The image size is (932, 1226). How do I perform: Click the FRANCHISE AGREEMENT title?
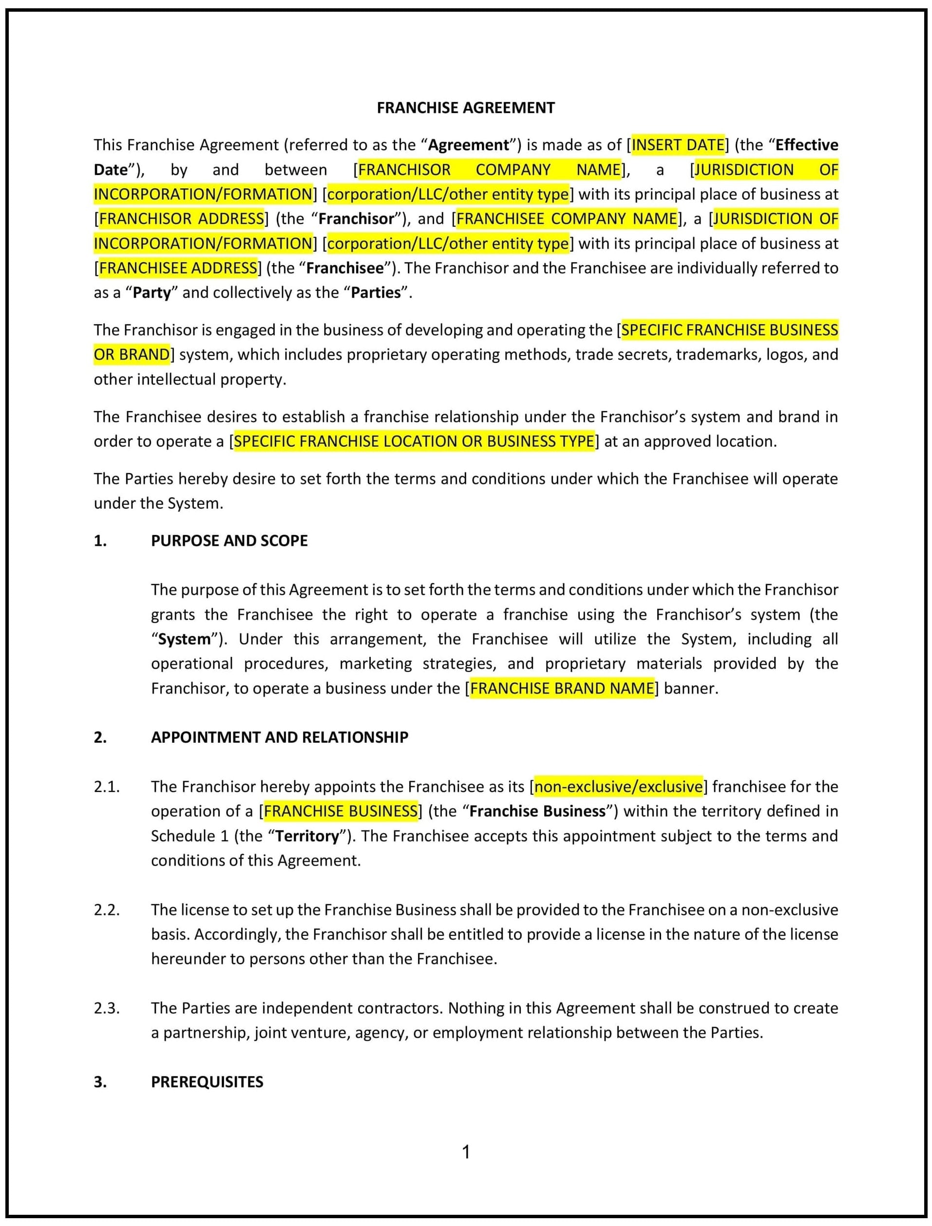pos(465,108)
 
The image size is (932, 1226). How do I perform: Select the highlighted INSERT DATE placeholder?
pos(678,145)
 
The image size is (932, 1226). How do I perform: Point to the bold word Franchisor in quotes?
pos(356,219)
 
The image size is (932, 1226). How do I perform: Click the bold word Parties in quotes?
pos(376,293)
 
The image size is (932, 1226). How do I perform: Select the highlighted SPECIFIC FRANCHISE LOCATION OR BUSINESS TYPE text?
pos(414,441)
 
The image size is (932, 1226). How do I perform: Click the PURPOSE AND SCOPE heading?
pos(229,541)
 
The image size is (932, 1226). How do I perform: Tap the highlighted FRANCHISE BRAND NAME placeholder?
pos(562,689)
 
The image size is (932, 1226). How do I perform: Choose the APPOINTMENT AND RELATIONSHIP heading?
pos(280,737)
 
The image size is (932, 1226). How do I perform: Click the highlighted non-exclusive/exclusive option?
pos(618,787)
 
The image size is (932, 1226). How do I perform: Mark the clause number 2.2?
pos(107,910)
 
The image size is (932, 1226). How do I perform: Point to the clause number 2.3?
pos(107,1008)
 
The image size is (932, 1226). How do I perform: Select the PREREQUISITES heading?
pos(207,1082)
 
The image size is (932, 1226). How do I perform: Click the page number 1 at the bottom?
pos(466,1152)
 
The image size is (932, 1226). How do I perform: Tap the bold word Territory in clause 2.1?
pos(307,836)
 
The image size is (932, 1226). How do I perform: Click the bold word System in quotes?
pos(184,639)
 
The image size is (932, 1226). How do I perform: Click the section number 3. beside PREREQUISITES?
pos(100,1082)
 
